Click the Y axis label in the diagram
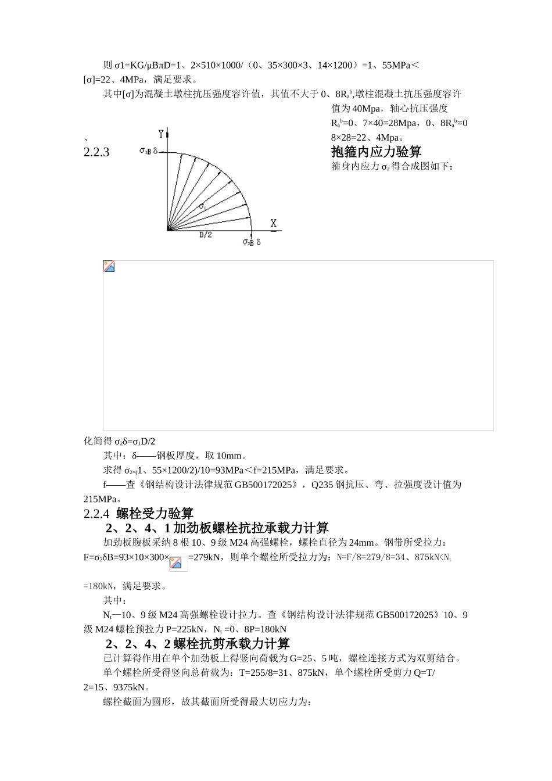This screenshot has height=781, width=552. pyautogui.click(x=162, y=134)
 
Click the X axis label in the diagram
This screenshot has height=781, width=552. pyautogui.click(x=274, y=224)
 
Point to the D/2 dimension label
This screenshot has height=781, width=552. pyautogui.click(x=206, y=235)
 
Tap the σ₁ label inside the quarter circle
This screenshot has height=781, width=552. pyautogui.click(x=203, y=206)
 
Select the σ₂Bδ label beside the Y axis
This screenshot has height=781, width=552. pyautogui.click(x=149, y=151)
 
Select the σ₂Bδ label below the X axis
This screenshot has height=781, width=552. pyautogui.click(x=252, y=242)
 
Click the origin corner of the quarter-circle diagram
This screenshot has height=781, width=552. pyautogui.click(x=168, y=230)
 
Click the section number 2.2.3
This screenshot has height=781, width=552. pyautogui.click(x=96, y=153)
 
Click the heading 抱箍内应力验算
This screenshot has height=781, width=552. pyautogui.click(x=376, y=152)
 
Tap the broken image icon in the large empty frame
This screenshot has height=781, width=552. pyautogui.click(x=109, y=267)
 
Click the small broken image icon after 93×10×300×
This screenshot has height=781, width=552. pyautogui.click(x=175, y=563)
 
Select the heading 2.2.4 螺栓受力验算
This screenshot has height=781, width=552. pyautogui.click(x=138, y=514)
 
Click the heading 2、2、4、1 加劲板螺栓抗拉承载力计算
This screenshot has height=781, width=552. pyautogui.click(x=217, y=528)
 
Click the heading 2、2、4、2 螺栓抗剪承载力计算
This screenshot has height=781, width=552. pyautogui.click(x=198, y=644)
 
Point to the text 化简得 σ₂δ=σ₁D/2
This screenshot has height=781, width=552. pyautogui.click(x=120, y=442)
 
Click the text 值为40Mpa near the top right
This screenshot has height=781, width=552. pyautogui.click(x=355, y=109)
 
